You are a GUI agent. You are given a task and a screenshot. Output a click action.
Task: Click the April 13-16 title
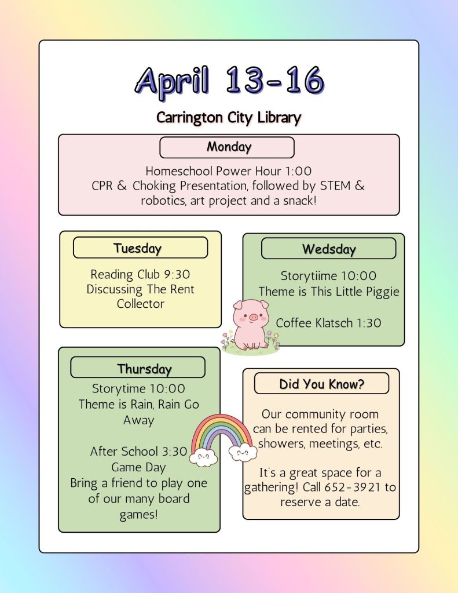(229, 81)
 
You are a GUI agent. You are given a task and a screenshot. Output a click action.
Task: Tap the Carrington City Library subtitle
(229, 118)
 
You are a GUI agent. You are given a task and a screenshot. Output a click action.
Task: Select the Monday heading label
(229, 147)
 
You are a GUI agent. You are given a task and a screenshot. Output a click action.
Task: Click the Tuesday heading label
(138, 249)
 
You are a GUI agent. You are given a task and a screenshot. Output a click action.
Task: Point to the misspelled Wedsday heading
(329, 249)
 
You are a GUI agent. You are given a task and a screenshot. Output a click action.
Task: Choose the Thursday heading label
(144, 369)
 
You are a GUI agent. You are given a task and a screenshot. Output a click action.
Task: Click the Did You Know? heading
(321, 384)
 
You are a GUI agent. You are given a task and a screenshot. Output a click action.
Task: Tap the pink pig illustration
(251, 326)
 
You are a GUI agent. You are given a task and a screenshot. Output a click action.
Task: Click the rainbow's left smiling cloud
(203, 457)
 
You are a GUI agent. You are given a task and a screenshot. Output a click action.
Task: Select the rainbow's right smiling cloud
(243, 452)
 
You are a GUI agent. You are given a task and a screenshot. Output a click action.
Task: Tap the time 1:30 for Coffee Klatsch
(369, 323)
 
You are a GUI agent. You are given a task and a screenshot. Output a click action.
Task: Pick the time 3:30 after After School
(174, 452)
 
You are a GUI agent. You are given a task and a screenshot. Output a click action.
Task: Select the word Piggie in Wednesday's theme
(381, 292)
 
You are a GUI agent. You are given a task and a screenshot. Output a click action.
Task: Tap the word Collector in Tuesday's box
(141, 304)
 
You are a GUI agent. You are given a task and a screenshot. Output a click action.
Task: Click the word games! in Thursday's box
(139, 515)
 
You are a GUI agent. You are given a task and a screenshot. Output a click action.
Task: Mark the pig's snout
(253, 317)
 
